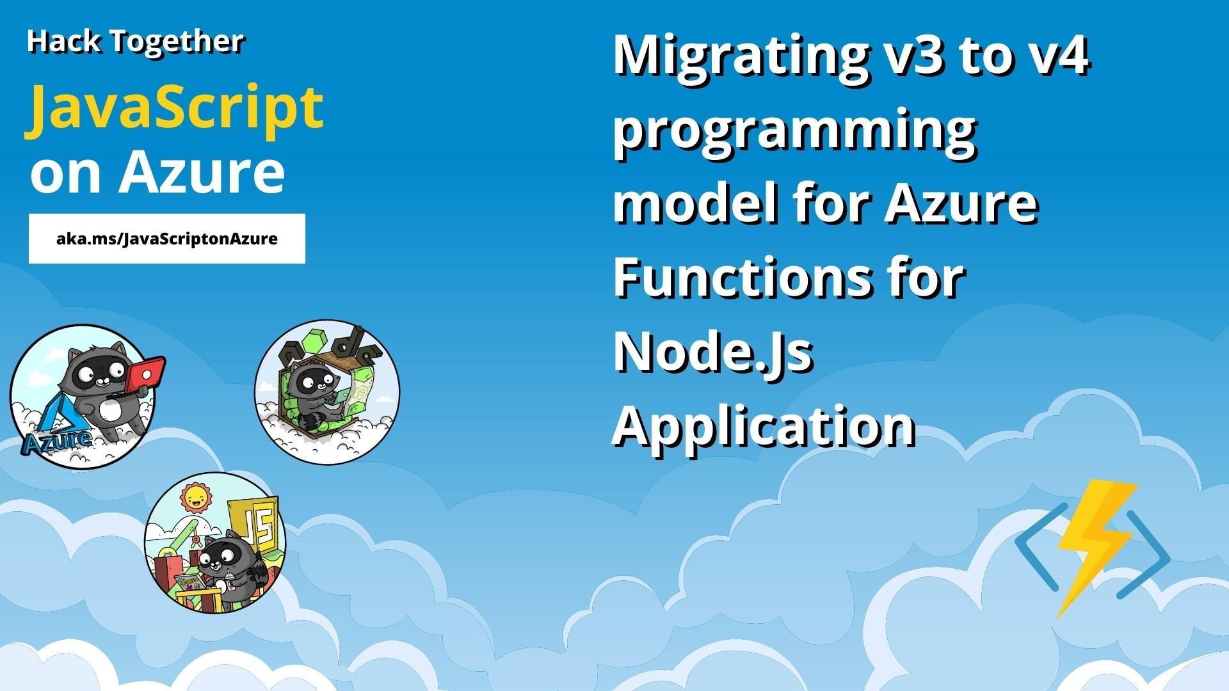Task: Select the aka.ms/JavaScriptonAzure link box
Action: point(167,239)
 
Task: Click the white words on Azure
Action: point(157,173)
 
